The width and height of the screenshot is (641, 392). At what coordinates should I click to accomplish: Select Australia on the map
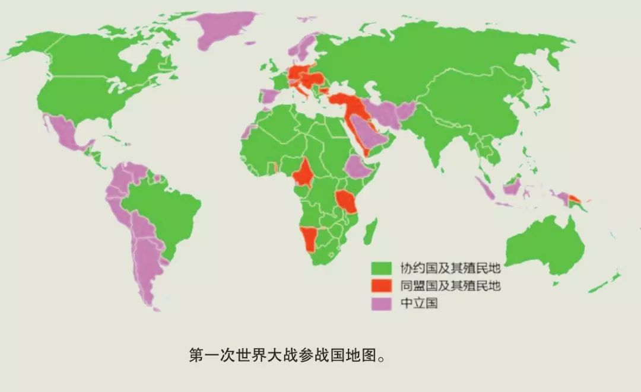(x=543, y=246)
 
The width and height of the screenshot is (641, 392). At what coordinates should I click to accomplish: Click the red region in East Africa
(x=345, y=202)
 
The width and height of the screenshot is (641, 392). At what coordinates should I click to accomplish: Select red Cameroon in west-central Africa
(x=304, y=173)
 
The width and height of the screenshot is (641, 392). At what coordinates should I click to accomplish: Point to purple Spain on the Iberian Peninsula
(x=268, y=96)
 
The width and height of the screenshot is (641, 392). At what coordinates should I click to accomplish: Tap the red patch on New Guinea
(x=575, y=198)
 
